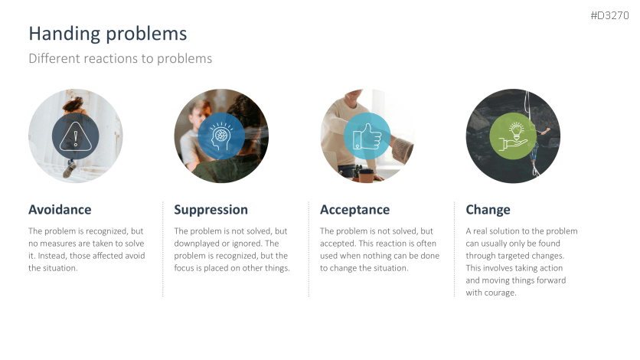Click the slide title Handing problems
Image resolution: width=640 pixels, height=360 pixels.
coord(108,34)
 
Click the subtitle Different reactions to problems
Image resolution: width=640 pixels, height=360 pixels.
coord(120,59)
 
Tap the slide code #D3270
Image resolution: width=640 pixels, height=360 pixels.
coord(610,15)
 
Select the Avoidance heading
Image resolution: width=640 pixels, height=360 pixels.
coord(60,209)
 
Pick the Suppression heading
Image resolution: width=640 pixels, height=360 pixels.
coord(211,210)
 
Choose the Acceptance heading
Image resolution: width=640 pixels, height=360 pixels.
coord(354,210)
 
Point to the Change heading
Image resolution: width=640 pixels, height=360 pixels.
coord(488,210)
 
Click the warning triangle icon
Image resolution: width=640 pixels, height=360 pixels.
coord(76,136)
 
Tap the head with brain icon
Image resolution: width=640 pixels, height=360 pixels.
coord(220,136)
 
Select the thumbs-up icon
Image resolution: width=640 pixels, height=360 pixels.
coord(367,136)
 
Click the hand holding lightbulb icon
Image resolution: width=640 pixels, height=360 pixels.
coord(513,136)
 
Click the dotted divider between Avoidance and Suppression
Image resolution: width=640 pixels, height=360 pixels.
coord(163,249)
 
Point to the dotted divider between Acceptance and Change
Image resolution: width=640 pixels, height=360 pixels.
coord(454,249)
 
